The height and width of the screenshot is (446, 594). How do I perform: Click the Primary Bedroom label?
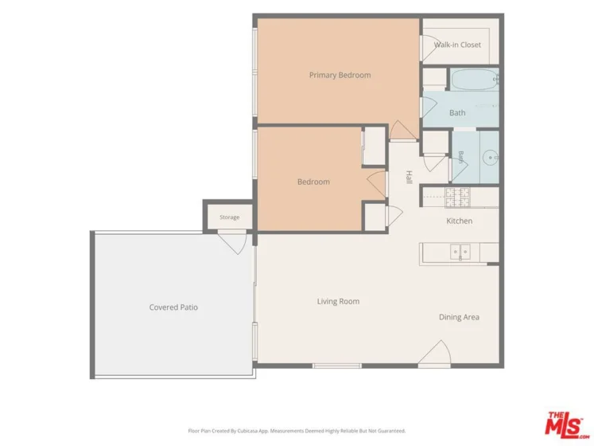tap(340, 75)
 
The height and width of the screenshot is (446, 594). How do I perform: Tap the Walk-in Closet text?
tap(457, 45)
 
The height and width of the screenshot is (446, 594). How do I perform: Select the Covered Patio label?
tap(173, 307)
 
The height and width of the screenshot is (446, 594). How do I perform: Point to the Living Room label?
tap(338, 301)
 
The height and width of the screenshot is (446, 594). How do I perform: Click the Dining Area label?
tap(459, 317)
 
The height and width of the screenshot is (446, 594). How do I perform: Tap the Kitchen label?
tap(459, 221)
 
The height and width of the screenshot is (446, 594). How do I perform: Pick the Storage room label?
tap(230, 217)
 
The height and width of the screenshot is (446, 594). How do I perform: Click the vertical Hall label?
tap(410, 178)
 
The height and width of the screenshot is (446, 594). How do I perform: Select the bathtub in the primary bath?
tap(474, 80)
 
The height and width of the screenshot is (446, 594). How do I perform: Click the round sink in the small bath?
tap(491, 157)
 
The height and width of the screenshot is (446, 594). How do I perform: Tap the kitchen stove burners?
tap(457, 198)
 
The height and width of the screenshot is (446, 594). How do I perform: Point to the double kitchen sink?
tap(460, 252)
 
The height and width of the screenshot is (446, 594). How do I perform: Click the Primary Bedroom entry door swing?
tap(404, 130)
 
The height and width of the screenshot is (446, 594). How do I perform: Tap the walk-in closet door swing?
tap(428, 48)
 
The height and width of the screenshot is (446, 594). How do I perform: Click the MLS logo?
tap(566, 424)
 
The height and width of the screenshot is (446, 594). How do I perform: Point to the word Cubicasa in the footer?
tap(247, 431)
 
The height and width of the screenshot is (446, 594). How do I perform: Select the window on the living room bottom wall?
tap(337, 366)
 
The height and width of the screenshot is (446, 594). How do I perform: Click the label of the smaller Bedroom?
tap(313, 182)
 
